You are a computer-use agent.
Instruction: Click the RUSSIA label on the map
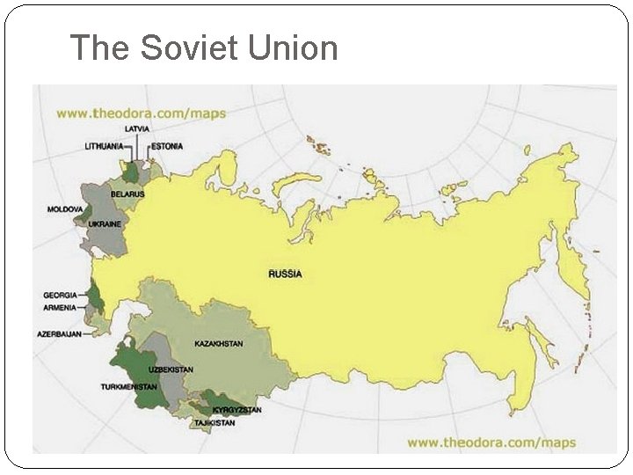pyautogui.click(x=285, y=274)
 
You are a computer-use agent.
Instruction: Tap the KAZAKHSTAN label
pyautogui.click(x=218, y=344)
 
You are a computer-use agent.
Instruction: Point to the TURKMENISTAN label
pyautogui.click(x=129, y=387)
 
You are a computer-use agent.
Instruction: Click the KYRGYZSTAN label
pyautogui.click(x=237, y=411)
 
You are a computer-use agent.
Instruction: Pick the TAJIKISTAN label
pyautogui.click(x=215, y=424)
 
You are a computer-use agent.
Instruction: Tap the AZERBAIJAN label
pyautogui.click(x=59, y=334)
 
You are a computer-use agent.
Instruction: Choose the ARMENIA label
pyautogui.click(x=60, y=307)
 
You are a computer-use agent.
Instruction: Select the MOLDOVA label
pyautogui.click(x=64, y=209)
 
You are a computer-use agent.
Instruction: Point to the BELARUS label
pyautogui.click(x=128, y=194)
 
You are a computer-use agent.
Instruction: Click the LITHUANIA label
pyautogui.click(x=104, y=145)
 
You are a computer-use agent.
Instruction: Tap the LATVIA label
pyautogui.click(x=137, y=129)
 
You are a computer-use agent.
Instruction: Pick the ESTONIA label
pyautogui.click(x=167, y=145)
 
